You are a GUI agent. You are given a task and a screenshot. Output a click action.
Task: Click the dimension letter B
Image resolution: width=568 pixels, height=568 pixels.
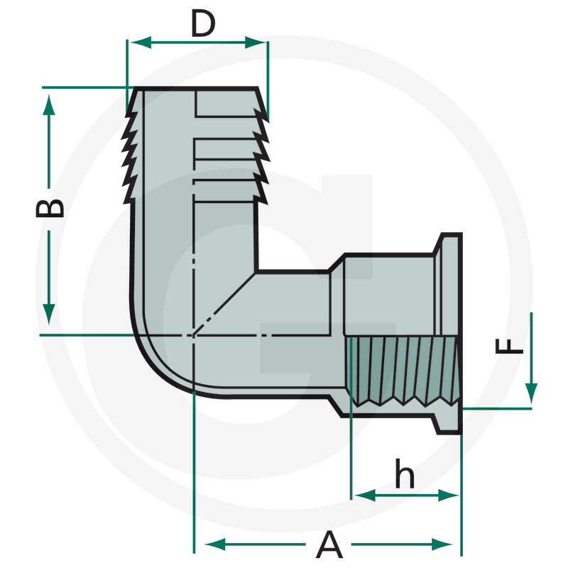(x=50, y=207)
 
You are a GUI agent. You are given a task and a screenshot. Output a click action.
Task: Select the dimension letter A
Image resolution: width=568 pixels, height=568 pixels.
(x=328, y=545)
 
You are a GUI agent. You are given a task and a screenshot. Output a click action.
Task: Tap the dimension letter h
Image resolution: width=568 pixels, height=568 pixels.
(x=405, y=476)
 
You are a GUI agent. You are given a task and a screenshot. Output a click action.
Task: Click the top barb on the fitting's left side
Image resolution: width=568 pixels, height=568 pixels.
(x=131, y=114)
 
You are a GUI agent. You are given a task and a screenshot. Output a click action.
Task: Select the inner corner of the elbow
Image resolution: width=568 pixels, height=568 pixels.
(x=256, y=271)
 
